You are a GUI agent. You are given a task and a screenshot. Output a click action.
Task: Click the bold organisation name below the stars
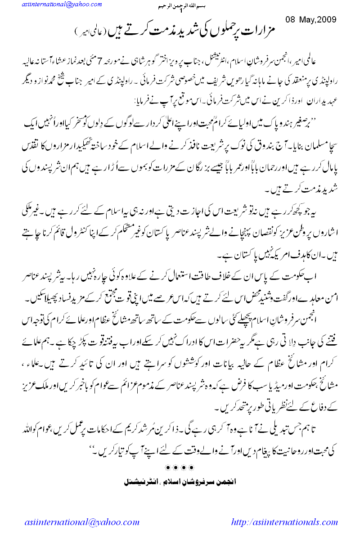(180, 482)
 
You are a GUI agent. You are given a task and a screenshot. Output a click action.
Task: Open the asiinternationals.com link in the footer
(284, 522)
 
